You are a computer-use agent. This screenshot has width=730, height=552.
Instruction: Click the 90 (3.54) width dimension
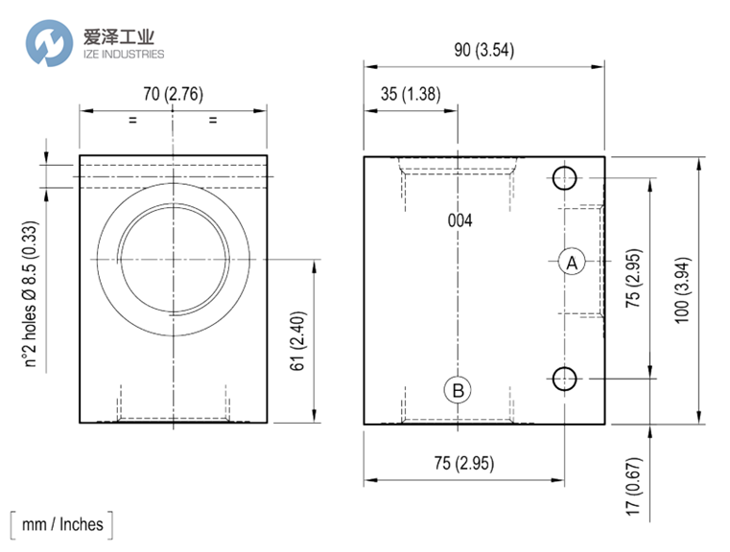click(x=484, y=50)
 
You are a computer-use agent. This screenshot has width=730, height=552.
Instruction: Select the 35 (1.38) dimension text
click(x=411, y=94)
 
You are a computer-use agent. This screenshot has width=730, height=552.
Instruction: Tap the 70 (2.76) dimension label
click(x=174, y=94)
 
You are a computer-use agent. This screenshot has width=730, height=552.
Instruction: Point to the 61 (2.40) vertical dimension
click(x=298, y=341)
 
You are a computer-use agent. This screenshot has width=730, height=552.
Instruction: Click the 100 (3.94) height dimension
click(x=682, y=290)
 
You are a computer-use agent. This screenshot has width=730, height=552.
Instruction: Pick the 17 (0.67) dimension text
click(x=634, y=486)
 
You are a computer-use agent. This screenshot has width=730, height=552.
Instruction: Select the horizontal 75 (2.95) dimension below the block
click(x=464, y=463)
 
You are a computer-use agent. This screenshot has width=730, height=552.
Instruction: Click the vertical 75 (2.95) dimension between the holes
click(x=634, y=278)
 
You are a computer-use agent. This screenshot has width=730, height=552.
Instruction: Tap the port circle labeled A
click(x=572, y=262)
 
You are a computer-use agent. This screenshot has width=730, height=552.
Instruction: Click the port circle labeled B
click(x=458, y=390)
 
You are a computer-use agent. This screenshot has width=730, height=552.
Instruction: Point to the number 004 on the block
click(x=460, y=220)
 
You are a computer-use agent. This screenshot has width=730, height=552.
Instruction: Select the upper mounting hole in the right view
click(x=564, y=177)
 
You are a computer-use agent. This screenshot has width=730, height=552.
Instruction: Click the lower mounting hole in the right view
click(x=564, y=379)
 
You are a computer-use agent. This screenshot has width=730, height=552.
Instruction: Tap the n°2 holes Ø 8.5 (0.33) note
click(x=30, y=294)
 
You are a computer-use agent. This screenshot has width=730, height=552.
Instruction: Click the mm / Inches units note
click(x=62, y=524)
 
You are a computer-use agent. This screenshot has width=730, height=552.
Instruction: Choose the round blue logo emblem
click(x=49, y=43)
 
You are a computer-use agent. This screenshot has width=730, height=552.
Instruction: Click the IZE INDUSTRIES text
click(x=124, y=54)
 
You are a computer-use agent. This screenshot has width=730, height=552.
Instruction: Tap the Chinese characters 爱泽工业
click(x=119, y=36)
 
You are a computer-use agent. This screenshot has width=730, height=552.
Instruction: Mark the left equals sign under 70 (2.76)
click(x=132, y=120)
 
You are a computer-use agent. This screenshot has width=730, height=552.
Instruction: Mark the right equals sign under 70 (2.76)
click(x=213, y=120)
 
